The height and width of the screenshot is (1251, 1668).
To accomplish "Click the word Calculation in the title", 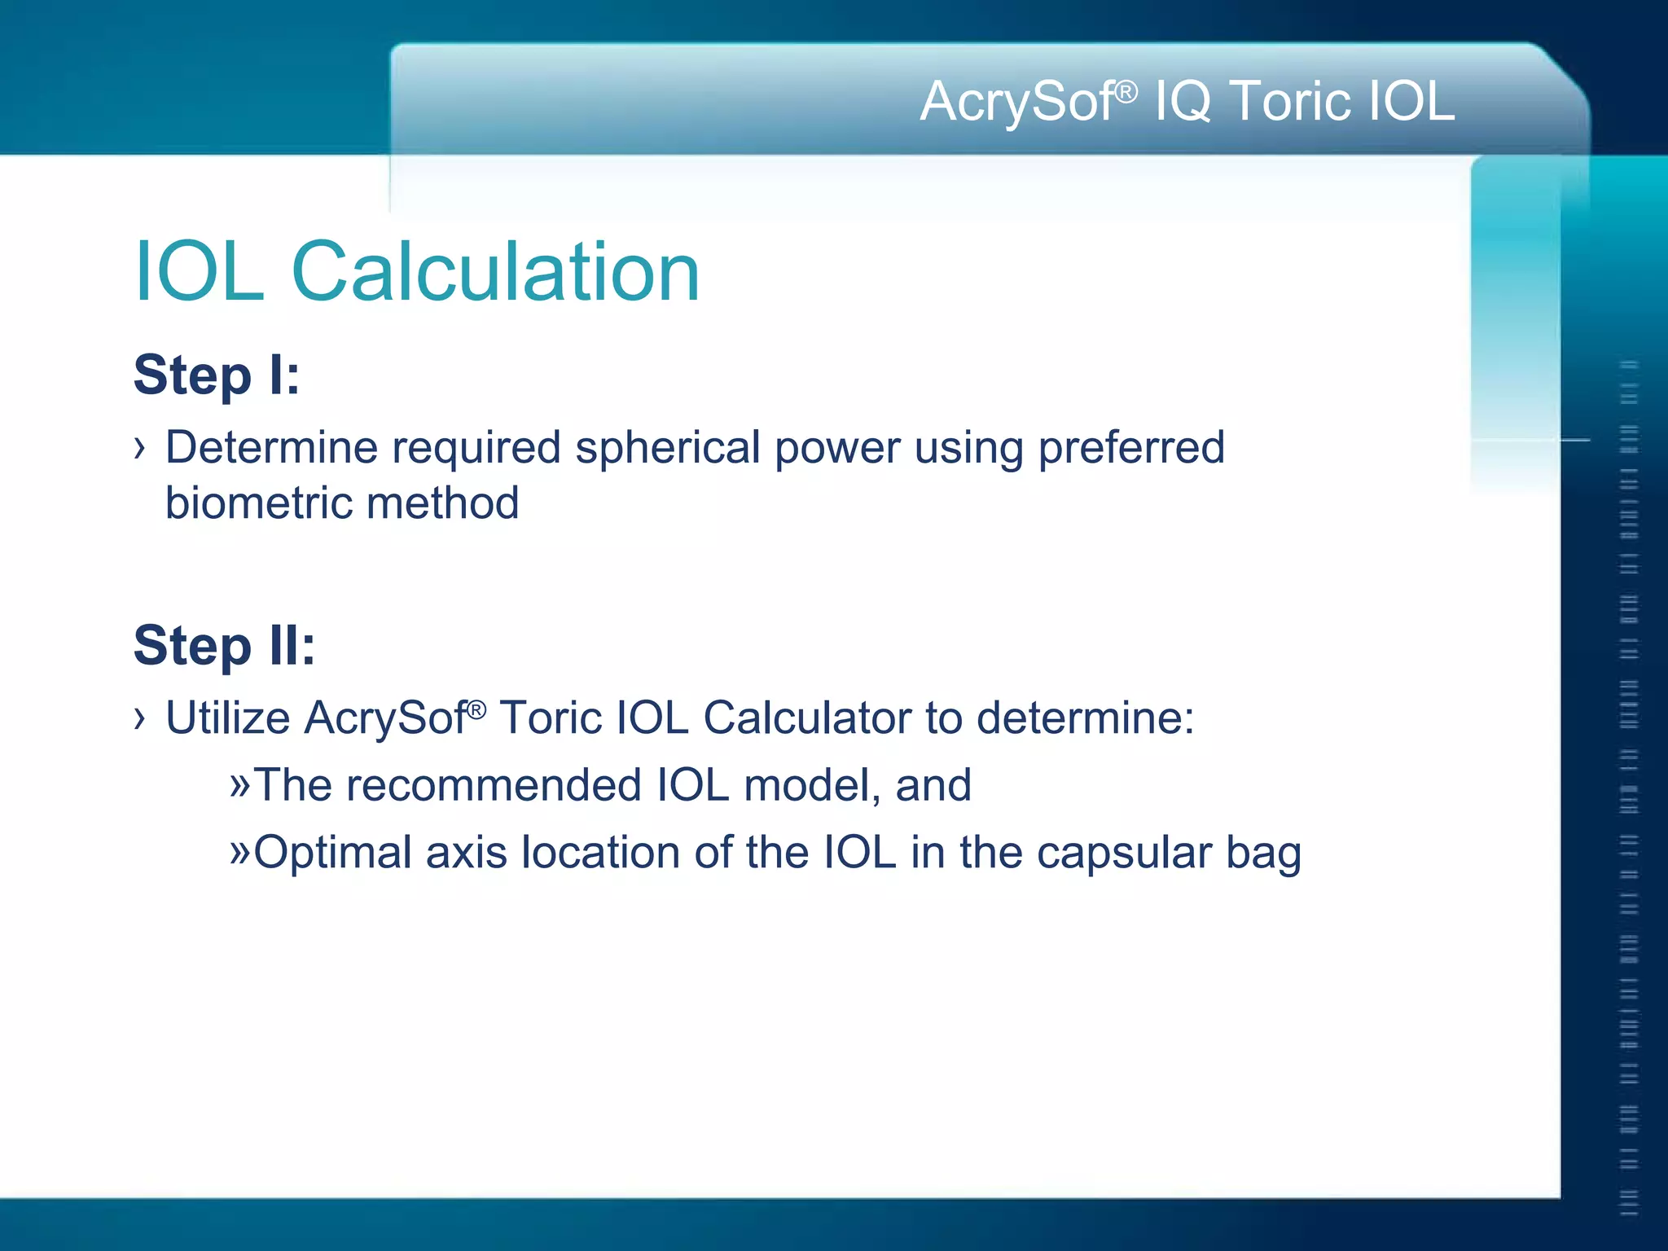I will [x=495, y=272].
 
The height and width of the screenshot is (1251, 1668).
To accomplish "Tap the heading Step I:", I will [x=217, y=375].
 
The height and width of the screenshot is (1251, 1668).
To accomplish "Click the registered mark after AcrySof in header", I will [x=1126, y=92].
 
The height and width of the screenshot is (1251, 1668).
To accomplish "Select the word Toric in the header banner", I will [x=1288, y=102].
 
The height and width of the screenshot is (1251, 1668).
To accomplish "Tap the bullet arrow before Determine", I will [x=140, y=447].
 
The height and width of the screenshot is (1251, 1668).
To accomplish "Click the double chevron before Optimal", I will [x=240, y=852].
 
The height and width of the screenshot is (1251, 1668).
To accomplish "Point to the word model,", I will [x=811, y=785].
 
